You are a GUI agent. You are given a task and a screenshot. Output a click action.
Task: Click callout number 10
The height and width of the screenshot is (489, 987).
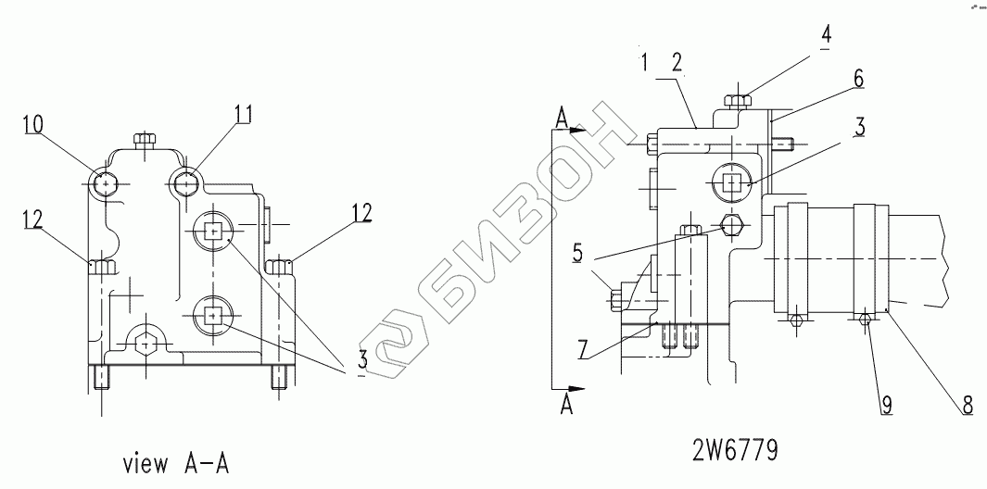coord(34,125)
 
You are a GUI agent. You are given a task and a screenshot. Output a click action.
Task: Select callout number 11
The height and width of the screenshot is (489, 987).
coord(244,115)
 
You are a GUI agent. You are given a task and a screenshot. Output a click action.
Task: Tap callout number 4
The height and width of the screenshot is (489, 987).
coord(826,34)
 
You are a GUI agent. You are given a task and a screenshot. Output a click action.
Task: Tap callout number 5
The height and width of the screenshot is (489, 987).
coord(578,254)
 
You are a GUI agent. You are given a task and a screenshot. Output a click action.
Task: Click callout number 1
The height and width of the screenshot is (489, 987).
coord(644,62)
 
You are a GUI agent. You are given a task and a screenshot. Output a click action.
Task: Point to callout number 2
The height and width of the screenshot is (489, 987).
coord(677,62)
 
